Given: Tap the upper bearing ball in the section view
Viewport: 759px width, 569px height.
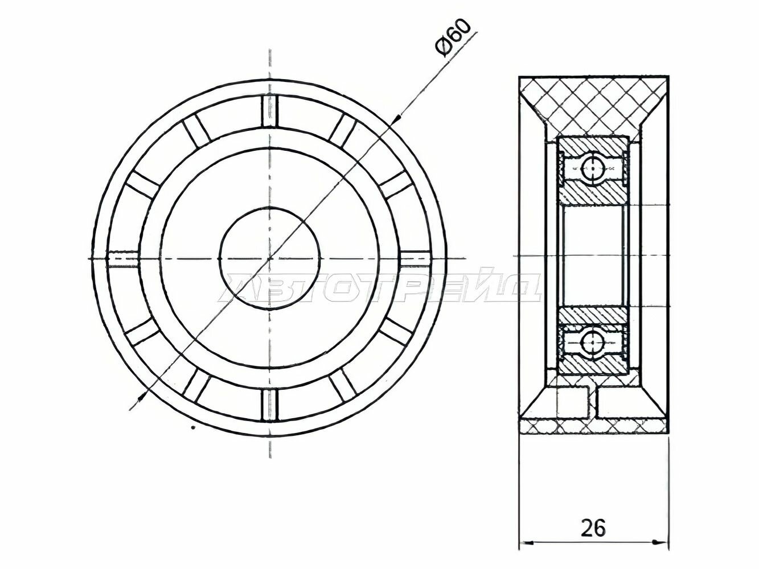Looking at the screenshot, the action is [x=593, y=168].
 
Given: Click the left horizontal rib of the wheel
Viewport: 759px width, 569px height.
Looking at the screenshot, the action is [x=123, y=258].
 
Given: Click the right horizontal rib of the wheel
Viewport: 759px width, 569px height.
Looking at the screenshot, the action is [x=416, y=258].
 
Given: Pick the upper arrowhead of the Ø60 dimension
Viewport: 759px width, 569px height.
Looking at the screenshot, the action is [x=398, y=118].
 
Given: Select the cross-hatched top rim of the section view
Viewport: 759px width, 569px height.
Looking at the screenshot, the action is [x=593, y=100].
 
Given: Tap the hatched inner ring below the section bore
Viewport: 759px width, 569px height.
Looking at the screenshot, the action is [x=593, y=316].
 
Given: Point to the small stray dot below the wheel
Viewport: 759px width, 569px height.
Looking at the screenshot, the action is [x=193, y=427].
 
